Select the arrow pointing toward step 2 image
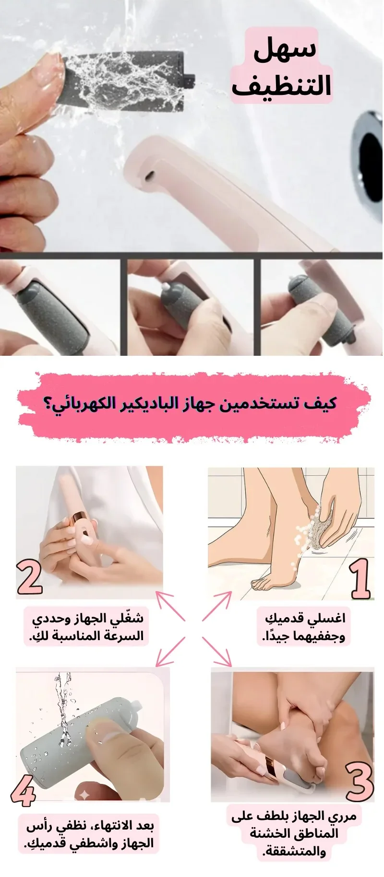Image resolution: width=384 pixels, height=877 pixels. coord(170,606)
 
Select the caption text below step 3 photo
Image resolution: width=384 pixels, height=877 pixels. coord(294,833)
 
